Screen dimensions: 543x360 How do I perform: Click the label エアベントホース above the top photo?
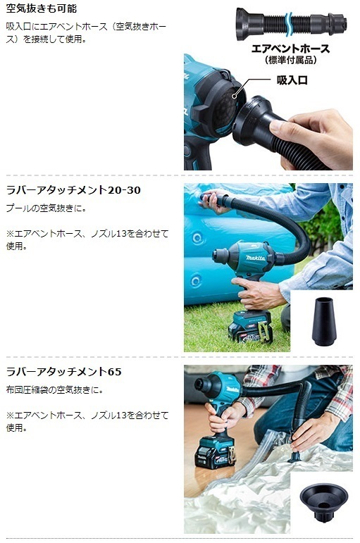coord(290,49)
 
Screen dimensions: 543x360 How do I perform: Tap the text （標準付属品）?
coord(290,61)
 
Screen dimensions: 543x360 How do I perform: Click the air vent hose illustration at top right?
coord(290,21)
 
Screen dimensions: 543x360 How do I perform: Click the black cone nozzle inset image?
coord(321,320)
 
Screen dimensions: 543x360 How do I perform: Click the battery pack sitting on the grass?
coord(250,325)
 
